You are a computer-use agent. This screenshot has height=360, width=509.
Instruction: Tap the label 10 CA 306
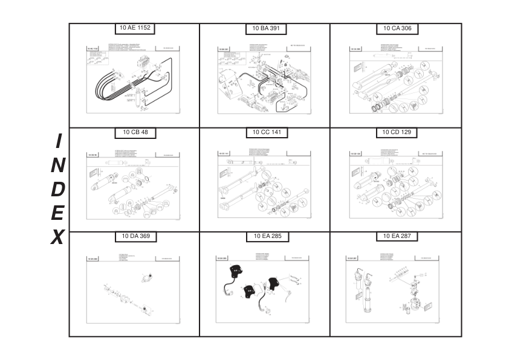397,28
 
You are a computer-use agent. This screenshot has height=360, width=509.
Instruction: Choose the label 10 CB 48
135,132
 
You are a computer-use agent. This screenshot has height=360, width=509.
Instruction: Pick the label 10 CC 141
266,132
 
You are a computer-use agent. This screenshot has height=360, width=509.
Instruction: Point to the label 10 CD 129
397,132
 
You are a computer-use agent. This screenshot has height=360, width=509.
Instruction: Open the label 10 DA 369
135,236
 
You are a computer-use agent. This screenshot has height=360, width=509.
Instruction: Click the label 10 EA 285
266,236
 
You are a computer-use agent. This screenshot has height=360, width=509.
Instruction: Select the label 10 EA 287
397,236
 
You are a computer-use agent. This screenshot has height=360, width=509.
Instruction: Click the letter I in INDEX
58,141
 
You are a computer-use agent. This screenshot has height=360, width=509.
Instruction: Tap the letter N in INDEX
58,165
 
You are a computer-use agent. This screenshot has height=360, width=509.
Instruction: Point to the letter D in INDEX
58,189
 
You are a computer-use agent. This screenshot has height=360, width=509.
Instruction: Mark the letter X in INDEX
57,237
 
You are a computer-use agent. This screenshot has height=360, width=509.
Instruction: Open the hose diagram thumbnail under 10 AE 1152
134,79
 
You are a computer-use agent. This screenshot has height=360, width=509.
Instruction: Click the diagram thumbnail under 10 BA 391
265,79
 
